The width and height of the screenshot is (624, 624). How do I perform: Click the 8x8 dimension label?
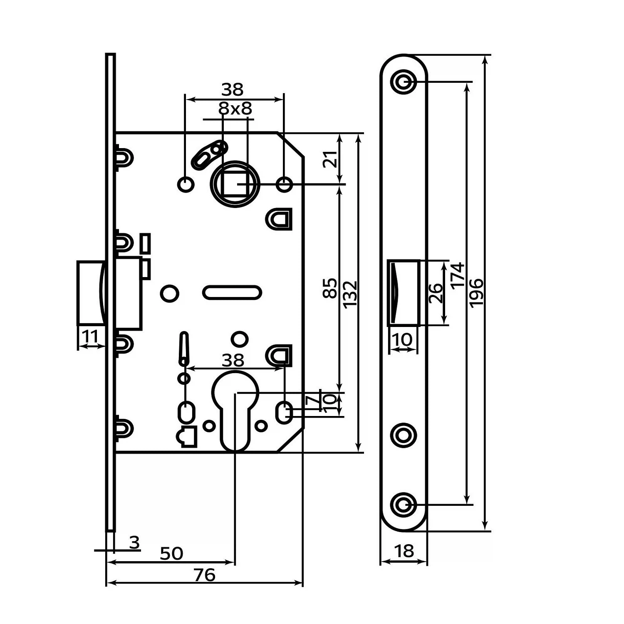[x=235, y=109]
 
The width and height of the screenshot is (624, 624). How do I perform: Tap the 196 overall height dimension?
[x=475, y=293]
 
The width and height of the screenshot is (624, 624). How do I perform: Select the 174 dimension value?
[x=457, y=275]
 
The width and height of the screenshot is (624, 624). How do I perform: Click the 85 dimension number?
[x=330, y=288]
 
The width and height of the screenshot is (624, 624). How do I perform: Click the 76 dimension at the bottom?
[x=205, y=575]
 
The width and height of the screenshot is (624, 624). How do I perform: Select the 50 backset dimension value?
[x=171, y=554]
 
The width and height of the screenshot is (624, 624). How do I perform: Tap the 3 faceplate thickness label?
[x=134, y=543]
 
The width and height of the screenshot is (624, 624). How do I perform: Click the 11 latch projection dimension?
[x=90, y=336]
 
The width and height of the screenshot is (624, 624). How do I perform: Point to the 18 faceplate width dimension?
[x=404, y=551]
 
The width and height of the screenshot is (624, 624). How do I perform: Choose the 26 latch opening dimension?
[x=435, y=293]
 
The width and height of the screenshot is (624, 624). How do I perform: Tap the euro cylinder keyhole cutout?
[x=235, y=410]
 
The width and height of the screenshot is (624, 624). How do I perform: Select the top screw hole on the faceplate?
[x=404, y=82]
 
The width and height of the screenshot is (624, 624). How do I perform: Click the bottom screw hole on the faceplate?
[x=404, y=505]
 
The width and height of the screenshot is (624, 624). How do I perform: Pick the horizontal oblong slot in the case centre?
[x=232, y=292]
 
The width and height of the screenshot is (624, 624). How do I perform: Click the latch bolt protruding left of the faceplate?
[x=90, y=292]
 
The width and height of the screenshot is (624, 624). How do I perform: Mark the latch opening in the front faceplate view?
[x=403, y=293]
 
